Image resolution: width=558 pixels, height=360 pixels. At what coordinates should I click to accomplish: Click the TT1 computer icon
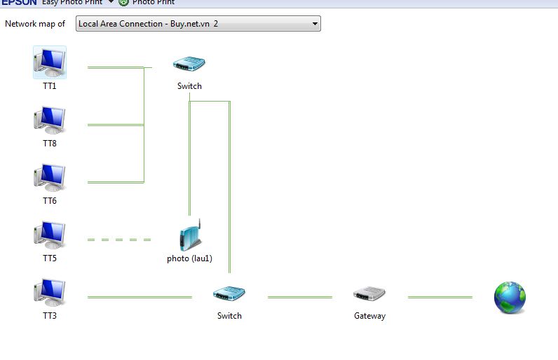(x=49, y=62)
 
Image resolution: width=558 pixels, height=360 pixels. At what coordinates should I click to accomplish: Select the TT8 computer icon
(x=49, y=120)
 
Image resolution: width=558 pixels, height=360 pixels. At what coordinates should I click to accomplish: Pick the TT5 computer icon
(x=49, y=235)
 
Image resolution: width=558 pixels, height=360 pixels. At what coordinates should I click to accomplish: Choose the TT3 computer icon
(x=49, y=293)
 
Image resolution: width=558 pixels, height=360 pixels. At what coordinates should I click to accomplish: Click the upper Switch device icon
(x=189, y=64)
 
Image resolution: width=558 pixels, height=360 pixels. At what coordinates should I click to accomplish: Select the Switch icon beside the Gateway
(x=229, y=294)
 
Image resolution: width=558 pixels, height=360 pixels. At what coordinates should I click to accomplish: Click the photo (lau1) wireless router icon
(x=190, y=235)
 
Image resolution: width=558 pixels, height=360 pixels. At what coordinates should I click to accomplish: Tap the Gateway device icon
(x=369, y=294)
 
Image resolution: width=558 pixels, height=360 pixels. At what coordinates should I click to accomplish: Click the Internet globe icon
(x=510, y=297)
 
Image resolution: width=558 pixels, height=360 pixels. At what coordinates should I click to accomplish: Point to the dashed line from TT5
(x=119, y=240)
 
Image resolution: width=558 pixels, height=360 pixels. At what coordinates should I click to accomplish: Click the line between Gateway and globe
(x=440, y=297)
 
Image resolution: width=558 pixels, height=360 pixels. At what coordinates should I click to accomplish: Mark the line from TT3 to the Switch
(x=139, y=297)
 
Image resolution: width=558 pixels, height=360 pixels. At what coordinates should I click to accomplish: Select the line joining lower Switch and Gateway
(x=300, y=297)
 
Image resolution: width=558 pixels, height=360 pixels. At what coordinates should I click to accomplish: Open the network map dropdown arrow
(x=315, y=24)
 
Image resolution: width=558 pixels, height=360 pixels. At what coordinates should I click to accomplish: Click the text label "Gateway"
(x=369, y=316)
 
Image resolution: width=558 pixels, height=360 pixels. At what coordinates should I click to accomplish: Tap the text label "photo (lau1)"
(x=189, y=258)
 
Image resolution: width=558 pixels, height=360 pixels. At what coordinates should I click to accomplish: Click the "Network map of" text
(x=35, y=24)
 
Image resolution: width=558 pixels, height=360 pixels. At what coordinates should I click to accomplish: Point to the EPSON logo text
(x=19, y=2)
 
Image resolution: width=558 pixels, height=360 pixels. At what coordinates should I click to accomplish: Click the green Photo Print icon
(x=124, y=2)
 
